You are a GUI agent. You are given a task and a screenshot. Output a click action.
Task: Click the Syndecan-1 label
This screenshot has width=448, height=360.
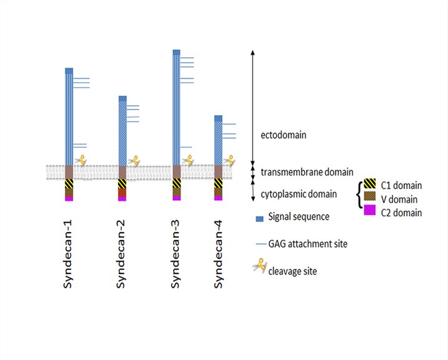tap(69, 252)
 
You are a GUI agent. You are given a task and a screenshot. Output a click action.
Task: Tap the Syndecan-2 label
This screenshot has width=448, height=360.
tap(123, 252)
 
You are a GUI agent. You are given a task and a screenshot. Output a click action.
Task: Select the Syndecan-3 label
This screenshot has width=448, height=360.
tap(177, 252)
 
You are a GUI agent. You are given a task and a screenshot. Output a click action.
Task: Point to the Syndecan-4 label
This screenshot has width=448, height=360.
tap(218, 252)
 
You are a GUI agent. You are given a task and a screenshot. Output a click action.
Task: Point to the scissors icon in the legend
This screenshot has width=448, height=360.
tap(258, 269)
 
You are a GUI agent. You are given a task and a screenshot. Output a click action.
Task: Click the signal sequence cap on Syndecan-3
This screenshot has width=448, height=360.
tap(177, 52)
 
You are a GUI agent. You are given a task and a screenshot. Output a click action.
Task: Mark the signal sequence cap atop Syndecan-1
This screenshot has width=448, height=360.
tap(69, 70)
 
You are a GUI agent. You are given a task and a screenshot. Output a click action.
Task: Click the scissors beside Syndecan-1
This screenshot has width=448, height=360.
tap(80, 160)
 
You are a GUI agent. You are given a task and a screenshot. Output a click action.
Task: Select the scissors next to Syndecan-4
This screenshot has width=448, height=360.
tap(230, 160)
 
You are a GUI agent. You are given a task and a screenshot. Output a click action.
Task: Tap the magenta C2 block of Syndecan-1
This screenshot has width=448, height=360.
tap(69, 199)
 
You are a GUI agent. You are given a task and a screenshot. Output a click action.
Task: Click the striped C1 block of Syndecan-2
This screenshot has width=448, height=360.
tap(123, 183)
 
